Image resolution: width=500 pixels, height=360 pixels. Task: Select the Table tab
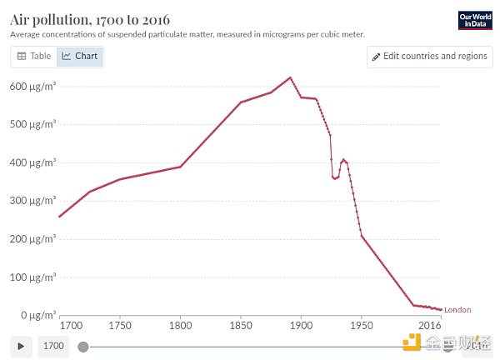pyautogui.click(x=34, y=57)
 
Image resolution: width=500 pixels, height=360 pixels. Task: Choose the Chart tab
pyautogui.click(x=80, y=57)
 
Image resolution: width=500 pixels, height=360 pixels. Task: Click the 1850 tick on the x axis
pyautogui.click(x=241, y=325)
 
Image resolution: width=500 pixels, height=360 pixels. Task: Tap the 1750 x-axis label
pyautogui.click(x=120, y=325)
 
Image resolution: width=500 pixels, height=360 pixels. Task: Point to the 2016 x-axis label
pyautogui.click(x=430, y=325)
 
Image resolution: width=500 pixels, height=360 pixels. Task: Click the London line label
pyautogui.click(x=457, y=310)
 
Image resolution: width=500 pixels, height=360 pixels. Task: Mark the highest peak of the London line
pyautogui.click(x=290, y=77)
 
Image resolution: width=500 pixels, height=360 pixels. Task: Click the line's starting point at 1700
pyautogui.click(x=59, y=217)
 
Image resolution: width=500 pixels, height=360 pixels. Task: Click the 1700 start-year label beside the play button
pyautogui.click(x=53, y=346)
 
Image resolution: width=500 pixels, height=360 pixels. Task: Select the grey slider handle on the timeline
pyautogui.click(x=82, y=346)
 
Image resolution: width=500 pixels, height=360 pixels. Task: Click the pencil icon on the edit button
pyautogui.click(x=377, y=57)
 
